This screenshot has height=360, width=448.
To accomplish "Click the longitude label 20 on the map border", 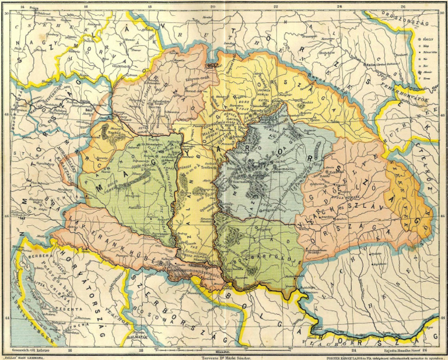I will pos(213,5).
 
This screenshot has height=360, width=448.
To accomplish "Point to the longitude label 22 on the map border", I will pos(276,5).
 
